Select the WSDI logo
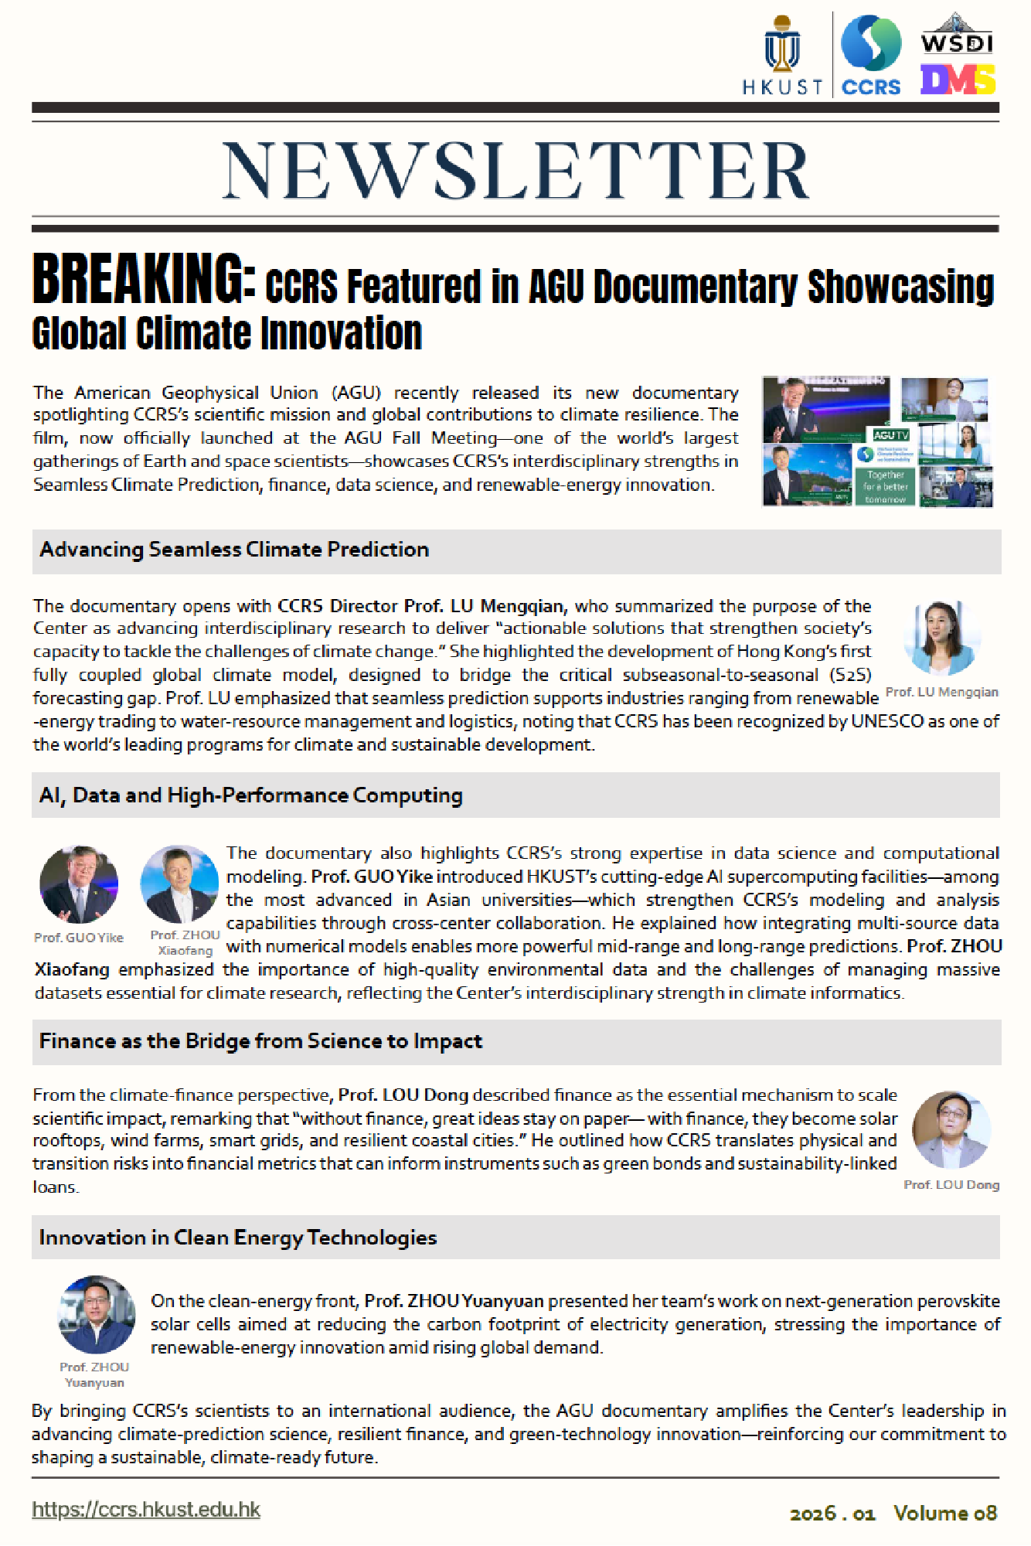click(957, 34)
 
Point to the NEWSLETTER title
click(515, 171)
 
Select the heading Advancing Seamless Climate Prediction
click(234, 550)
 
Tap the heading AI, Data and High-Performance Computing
click(250, 795)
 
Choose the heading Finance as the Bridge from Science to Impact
click(260, 1041)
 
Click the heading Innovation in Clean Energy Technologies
click(238, 1238)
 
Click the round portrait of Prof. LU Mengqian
click(942, 638)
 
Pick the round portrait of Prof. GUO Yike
click(79, 885)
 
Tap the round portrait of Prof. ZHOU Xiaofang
click(179, 884)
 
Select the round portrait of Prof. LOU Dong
click(951, 1130)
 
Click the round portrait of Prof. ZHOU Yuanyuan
click(97, 1315)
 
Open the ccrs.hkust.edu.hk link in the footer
click(146, 1510)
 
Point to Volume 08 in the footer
click(945, 1513)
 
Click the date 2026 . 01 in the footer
click(832, 1514)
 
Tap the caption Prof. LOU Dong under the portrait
click(951, 1185)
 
